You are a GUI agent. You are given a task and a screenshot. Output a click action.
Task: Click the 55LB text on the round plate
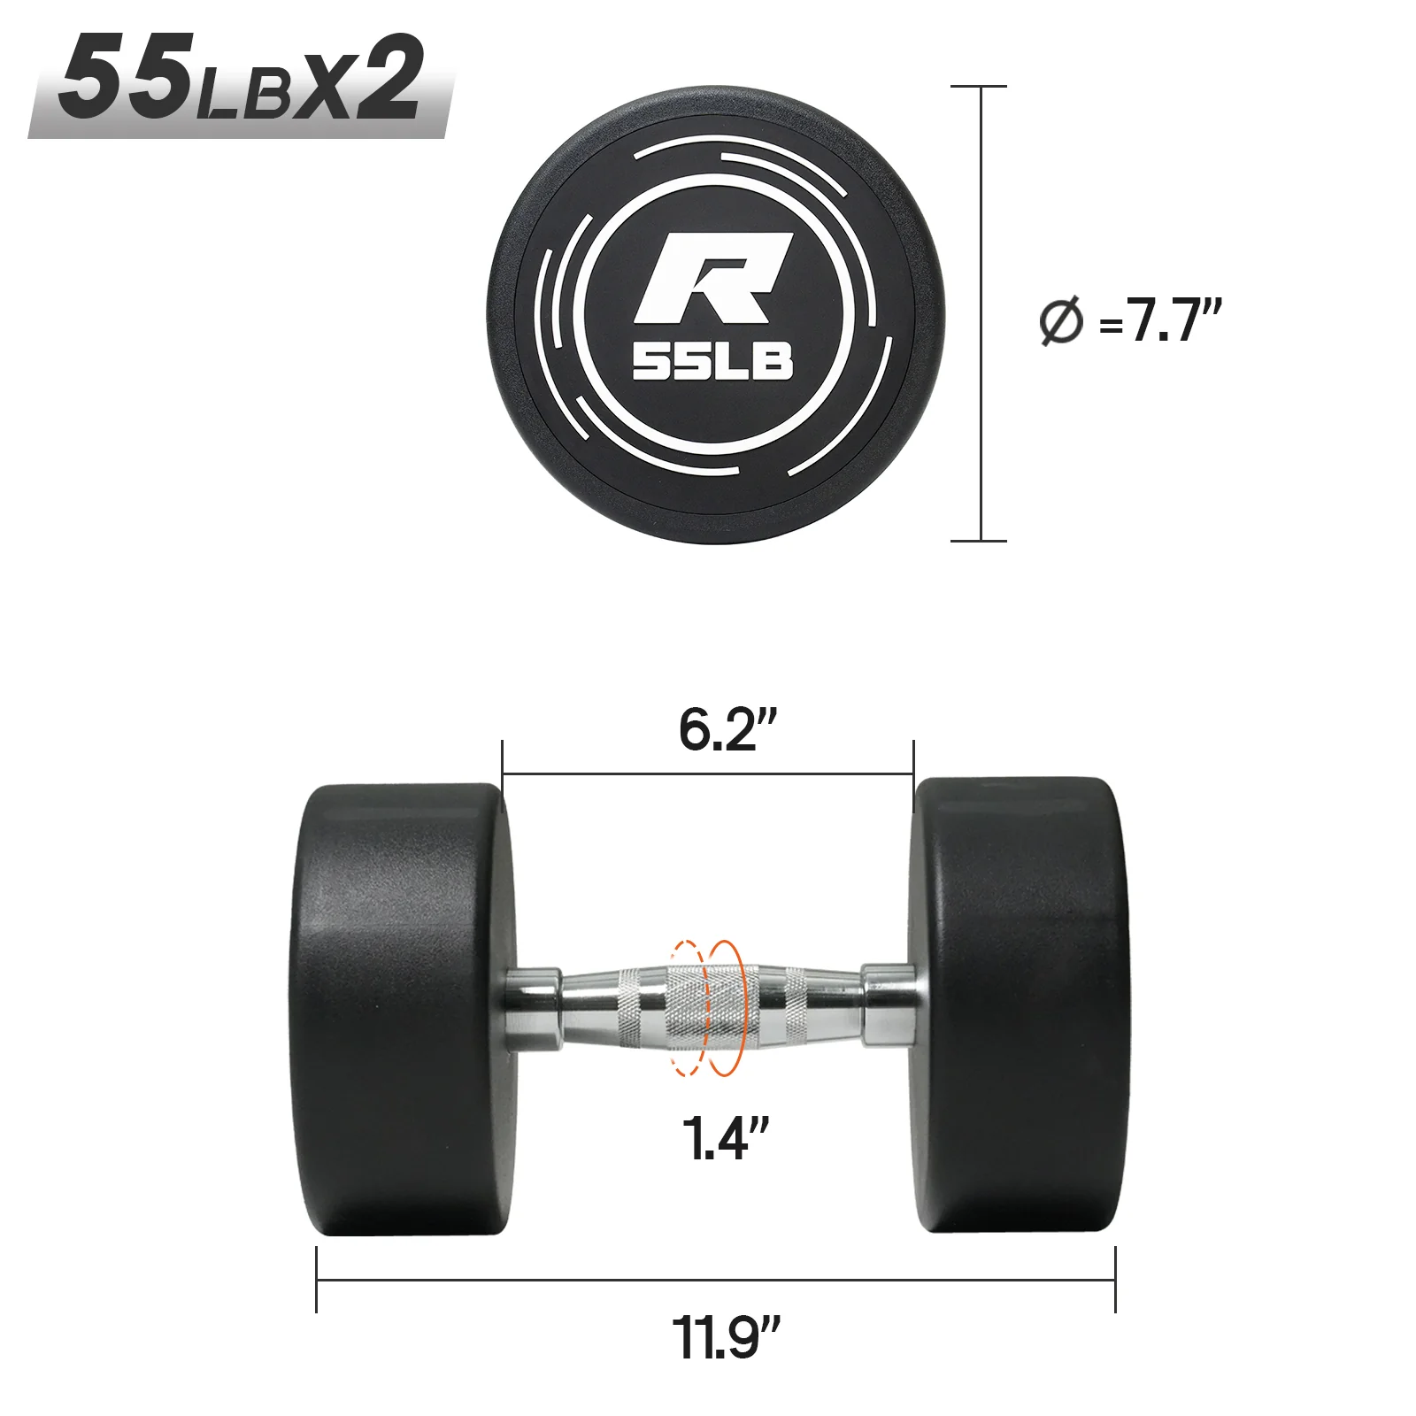pyautogui.click(x=712, y=362)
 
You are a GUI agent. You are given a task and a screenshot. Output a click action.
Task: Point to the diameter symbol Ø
pyautogui.click(x=1060, y=321)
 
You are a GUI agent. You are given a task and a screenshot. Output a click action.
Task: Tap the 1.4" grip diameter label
pyautogui.click(x=724, y=1138)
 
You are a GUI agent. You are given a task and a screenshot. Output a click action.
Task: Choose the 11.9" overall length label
pyautogui.click(x=726, y=1337)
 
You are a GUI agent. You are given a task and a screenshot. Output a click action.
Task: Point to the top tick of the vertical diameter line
pyautogui.click(x=980, y=87)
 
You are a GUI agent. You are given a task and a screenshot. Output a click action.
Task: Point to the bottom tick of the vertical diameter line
pyautogui.click(x=980, y=540)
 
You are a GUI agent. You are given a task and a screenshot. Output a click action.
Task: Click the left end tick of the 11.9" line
pyautogui.click(x=317, y=1280)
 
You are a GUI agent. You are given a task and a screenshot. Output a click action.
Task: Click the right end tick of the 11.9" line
pyautogui.click(x=1115, y=1280)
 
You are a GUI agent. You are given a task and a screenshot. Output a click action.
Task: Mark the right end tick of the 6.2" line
pyautogui.click(x=913, y=775)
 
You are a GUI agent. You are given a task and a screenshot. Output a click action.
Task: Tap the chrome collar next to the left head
pyautogui.click(x=533, y=1010)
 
